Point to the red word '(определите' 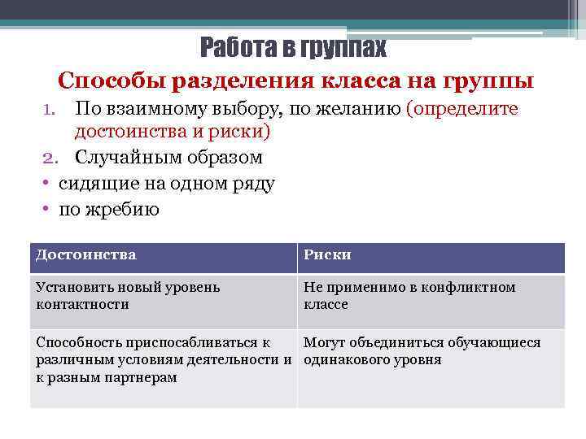(467, 109)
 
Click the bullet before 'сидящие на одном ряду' (48, 184)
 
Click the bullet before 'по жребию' (48, 210)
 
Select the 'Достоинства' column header (86, 255)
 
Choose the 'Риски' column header (327, 255)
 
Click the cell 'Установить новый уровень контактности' (128, 296)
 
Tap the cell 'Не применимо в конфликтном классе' (409, 296)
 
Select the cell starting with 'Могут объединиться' (422, 351)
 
